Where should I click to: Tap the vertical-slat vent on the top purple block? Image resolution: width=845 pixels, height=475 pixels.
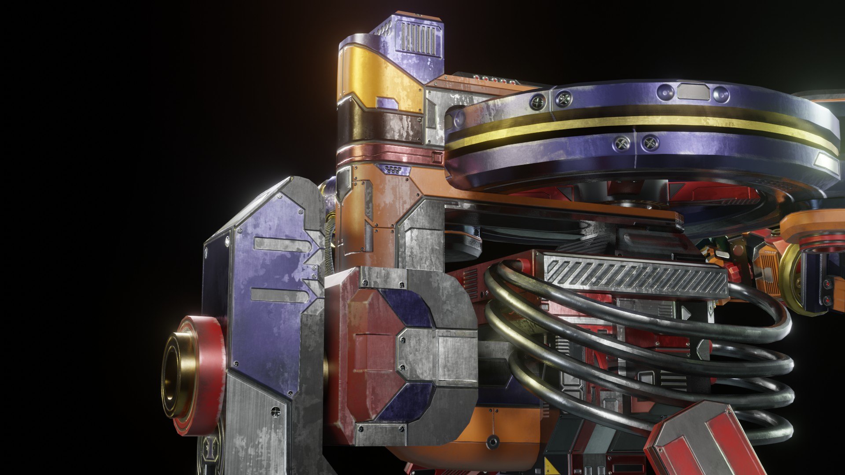pos(419,39)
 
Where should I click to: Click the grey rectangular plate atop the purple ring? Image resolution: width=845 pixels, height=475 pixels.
pos(693,92)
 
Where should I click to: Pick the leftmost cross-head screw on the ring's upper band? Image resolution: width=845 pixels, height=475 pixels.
pos(537,102)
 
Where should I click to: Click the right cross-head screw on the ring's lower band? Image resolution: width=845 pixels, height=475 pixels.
pos(650,142)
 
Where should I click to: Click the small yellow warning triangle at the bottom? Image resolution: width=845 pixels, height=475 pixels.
pos(550,466)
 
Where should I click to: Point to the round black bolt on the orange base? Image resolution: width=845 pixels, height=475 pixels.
pos(492,441)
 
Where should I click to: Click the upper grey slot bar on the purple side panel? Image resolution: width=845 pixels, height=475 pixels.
pos(277,245)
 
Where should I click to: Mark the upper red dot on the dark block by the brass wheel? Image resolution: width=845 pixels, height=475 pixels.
pos(827,284)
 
